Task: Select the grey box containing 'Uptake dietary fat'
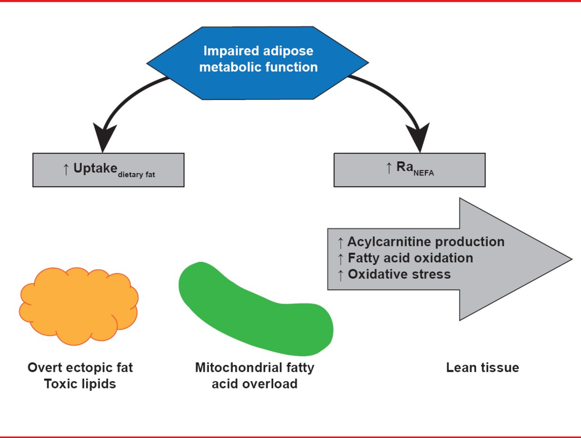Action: coord(108,170)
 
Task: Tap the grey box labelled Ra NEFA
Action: coord(409,170)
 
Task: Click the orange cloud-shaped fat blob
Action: coord(79,305)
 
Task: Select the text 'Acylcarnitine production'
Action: coord(426,242)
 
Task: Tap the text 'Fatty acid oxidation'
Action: coord(410,258)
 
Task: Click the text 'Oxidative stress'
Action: coord(399,274)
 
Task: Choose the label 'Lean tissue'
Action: coord(483,368)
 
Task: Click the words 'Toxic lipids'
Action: coord(80,384)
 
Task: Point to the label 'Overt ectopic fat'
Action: coord(80,368)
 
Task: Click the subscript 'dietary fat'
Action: coord(136,174)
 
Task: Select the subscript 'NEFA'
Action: coord(423,173)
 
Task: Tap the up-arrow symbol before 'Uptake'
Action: coord(66,169)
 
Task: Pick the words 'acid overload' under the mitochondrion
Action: coord(255,384)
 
